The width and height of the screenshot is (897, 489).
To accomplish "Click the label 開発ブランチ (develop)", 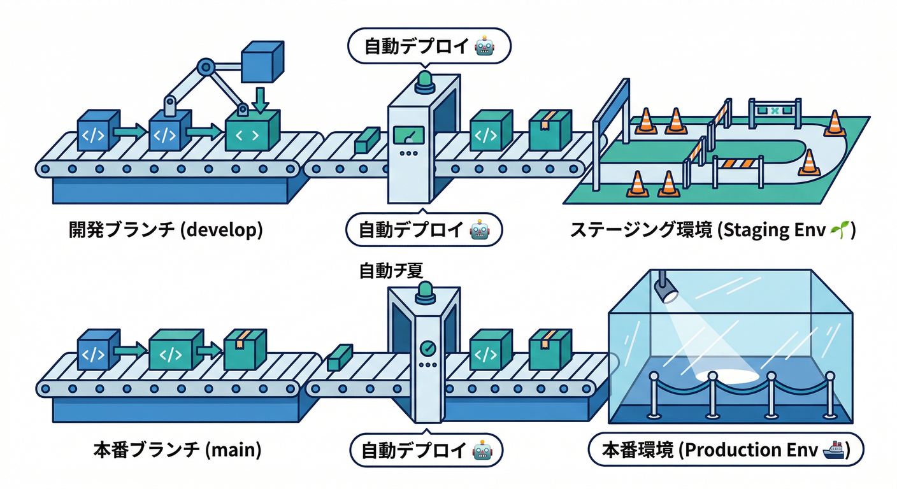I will click(166, 230).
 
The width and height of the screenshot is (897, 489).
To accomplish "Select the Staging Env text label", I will click(712, 230).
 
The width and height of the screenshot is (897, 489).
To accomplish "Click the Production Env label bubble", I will click(726, 450).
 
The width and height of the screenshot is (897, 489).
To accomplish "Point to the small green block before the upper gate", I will click(368, 139).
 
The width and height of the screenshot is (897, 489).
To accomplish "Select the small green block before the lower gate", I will click(340, 358).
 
